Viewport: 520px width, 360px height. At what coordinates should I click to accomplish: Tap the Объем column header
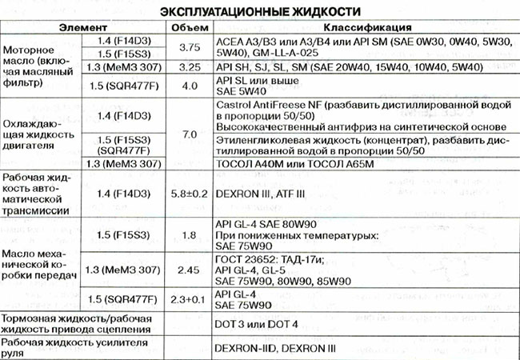click(x=190, y=27)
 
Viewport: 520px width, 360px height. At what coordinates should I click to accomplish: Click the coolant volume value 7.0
click(x=190, y=134)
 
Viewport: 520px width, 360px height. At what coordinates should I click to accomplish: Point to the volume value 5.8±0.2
click(x=190, y=193)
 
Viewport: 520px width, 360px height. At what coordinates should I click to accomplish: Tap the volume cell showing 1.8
click(x=190, y=234)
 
